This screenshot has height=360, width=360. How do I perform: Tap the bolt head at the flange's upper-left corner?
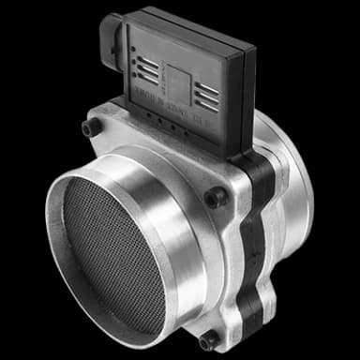pyautogui.click(x=88, y=128)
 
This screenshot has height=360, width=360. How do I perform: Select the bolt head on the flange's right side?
pyautogui.click(x=216, y=198)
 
